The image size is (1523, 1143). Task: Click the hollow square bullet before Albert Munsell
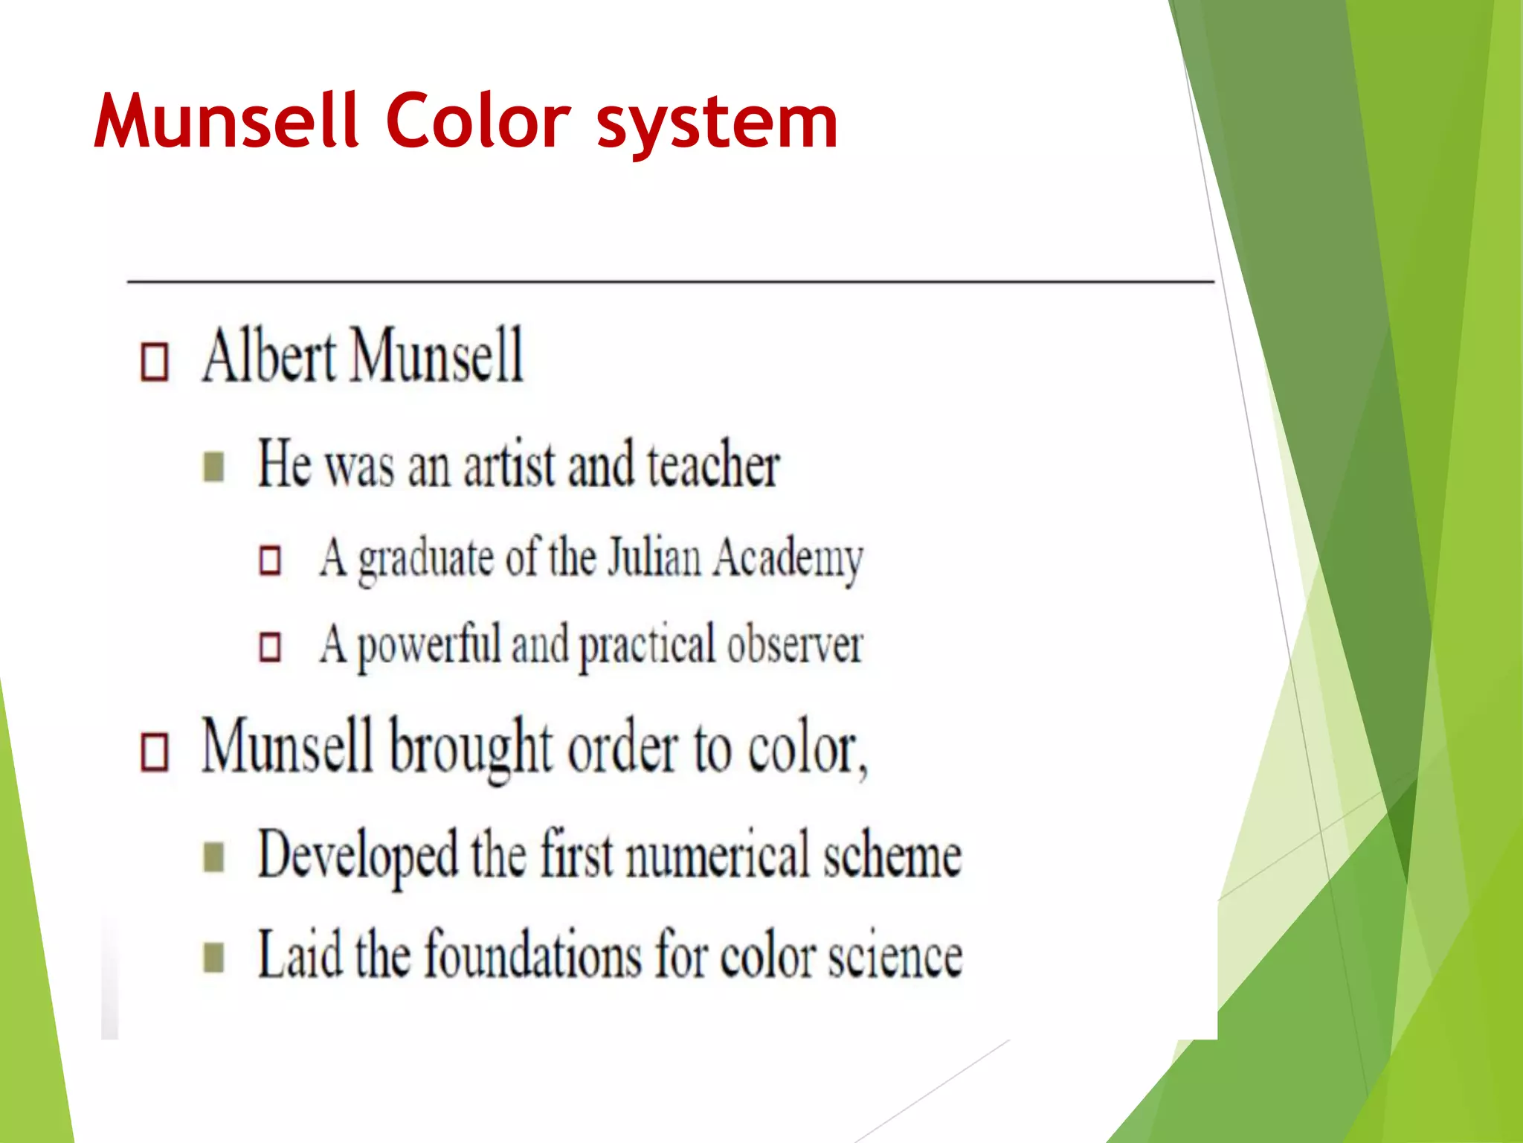(x=155, y=362)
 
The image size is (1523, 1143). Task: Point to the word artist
(x=509, y=465)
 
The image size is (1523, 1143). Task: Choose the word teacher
(x=712, y=465)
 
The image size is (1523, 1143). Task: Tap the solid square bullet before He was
(x=213, y=467)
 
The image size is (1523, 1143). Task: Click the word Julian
(x=654, y=557)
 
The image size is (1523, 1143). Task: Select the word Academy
(x=788, y=560)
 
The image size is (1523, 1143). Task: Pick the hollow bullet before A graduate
(x=270, y=560)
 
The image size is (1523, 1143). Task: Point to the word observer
(x=795, y=644)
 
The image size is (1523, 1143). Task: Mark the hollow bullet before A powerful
(x=270, y=647)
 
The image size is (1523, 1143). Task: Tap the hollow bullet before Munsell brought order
(x=155, y=752)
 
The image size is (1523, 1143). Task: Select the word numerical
(x=717, y=856)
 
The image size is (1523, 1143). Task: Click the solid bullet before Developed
(x=213, y=857)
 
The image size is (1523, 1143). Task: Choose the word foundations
(x=532, y=955)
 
